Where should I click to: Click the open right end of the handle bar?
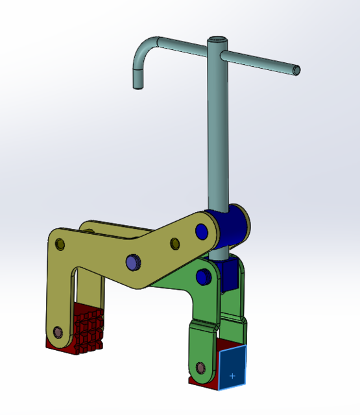[296, 69]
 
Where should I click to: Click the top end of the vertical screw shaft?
[216, 40]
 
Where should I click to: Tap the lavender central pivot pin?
[133, 261]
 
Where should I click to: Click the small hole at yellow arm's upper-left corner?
[60, 244]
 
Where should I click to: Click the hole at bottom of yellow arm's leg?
[56, 332]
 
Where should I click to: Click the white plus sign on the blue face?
[232, 375]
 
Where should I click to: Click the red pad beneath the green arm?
[197, 382]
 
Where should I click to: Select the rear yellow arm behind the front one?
[104, 227]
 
